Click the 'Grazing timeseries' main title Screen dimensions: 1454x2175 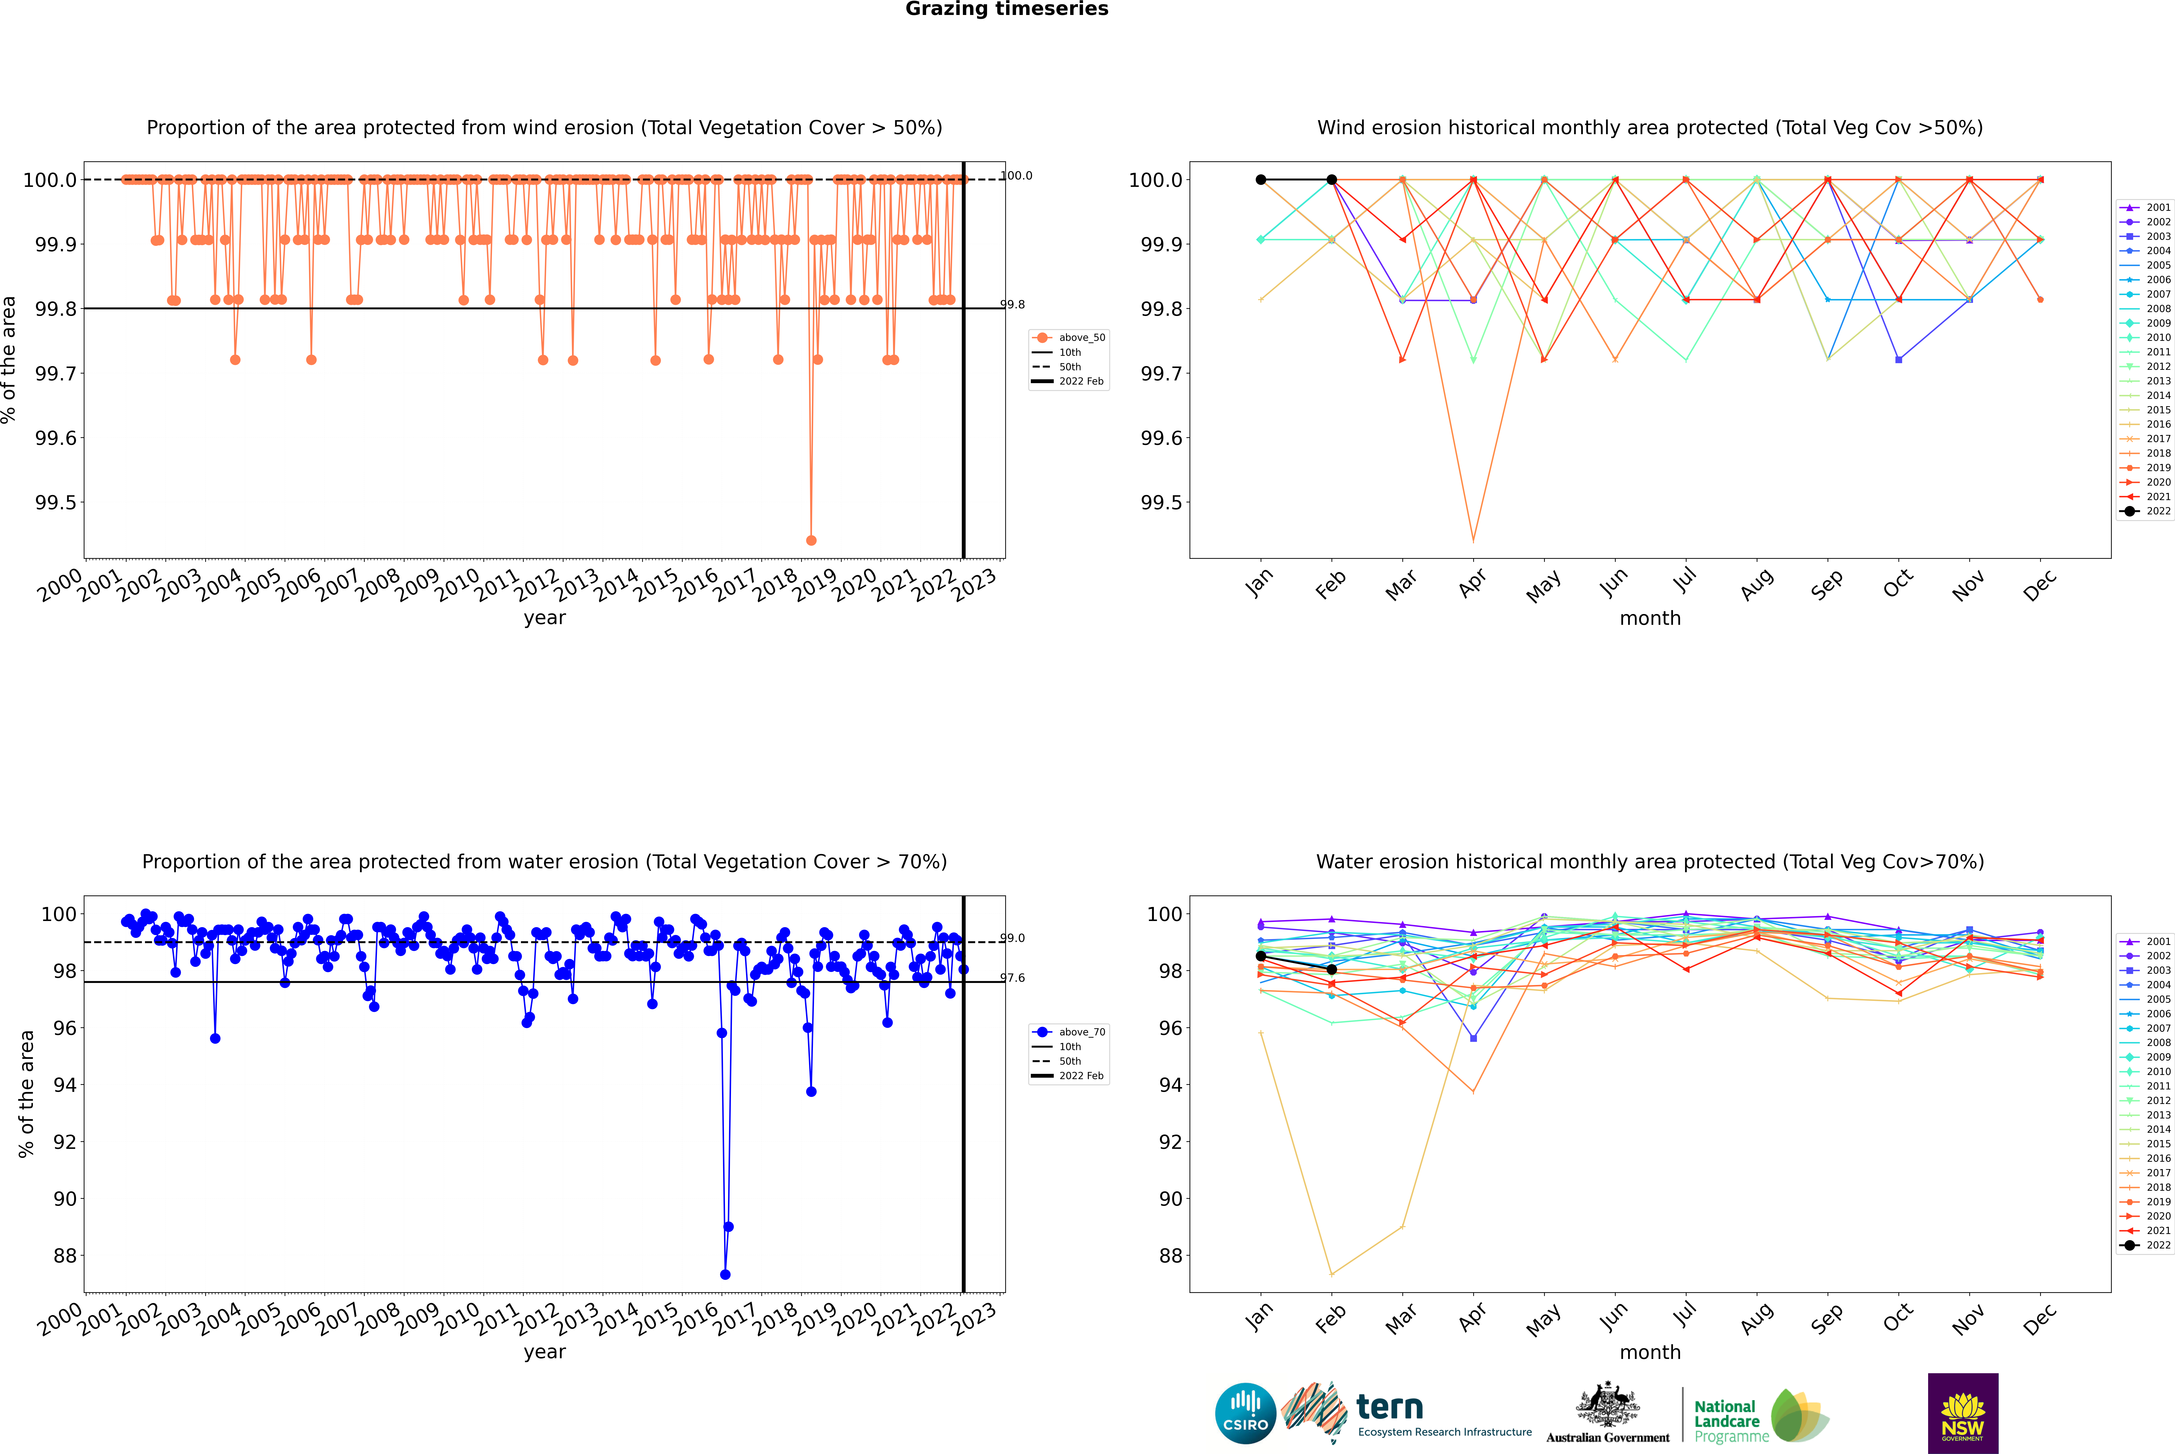pos(1006,9)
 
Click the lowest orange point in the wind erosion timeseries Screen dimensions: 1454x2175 pos(811,540)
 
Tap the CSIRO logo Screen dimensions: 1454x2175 pos(1245,1413)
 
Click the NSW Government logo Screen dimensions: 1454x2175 pos(1963,1413)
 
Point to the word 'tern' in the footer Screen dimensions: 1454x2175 pos(1389,1407)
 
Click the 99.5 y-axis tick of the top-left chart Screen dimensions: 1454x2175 pos(56,503)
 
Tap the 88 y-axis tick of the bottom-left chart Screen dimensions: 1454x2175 pos(65,1256)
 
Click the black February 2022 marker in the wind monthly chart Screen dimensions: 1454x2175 pos(1331,180)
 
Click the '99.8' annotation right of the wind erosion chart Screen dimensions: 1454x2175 pos(1012,304)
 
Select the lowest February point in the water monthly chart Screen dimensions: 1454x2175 pos(1331,1274)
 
